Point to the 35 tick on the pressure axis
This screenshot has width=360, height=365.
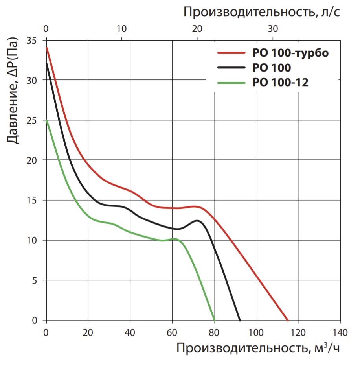coord(31,40)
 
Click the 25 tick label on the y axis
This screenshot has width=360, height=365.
coord(31,120)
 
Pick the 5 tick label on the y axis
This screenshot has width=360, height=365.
coord(34,280)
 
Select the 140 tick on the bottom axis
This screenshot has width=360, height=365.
coord(340,332)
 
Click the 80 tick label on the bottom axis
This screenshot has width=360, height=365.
coord(215,332)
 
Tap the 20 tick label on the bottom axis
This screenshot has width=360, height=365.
coord(88,332)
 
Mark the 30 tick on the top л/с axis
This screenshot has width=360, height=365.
coord(273,29)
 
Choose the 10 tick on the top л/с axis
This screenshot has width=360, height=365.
coord(121,29)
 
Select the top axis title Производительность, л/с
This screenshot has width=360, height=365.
coord(261,12)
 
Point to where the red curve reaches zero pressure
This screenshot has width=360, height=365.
coord(288,321)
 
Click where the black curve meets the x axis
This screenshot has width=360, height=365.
coord(240,321)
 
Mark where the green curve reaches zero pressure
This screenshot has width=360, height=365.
coord(215,321)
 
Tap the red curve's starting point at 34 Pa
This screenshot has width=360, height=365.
coord(46,48)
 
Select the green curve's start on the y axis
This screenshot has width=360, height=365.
coord(46,120)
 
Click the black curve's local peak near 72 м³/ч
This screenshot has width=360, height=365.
coord(197,221)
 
